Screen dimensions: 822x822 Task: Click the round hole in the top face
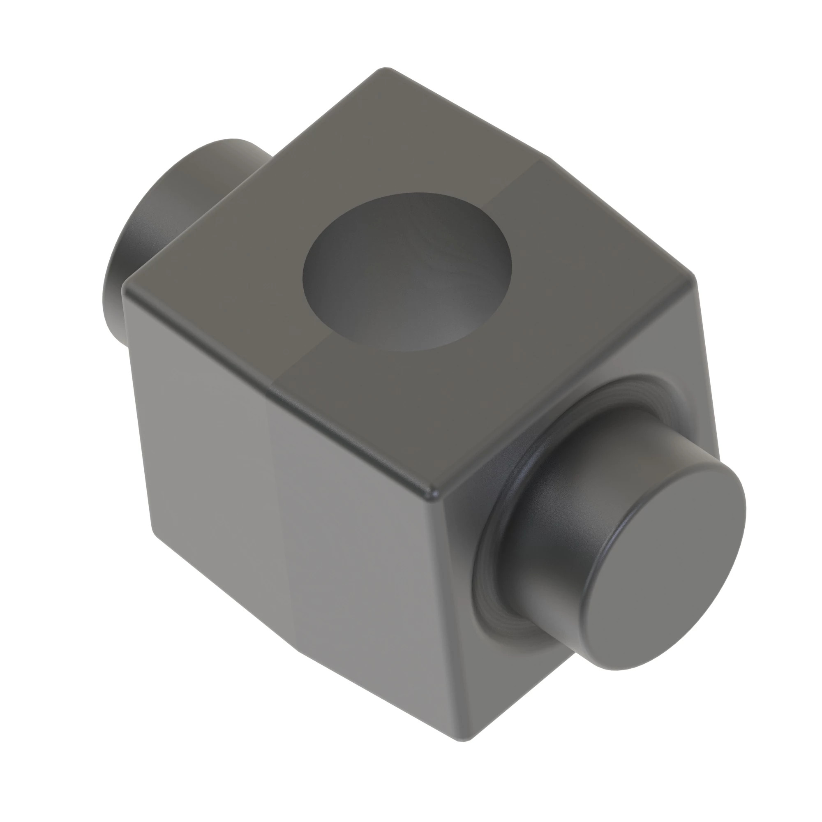pos(406,272)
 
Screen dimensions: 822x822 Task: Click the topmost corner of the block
pos(385,69)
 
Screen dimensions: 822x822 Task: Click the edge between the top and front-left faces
pos(277,391)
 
